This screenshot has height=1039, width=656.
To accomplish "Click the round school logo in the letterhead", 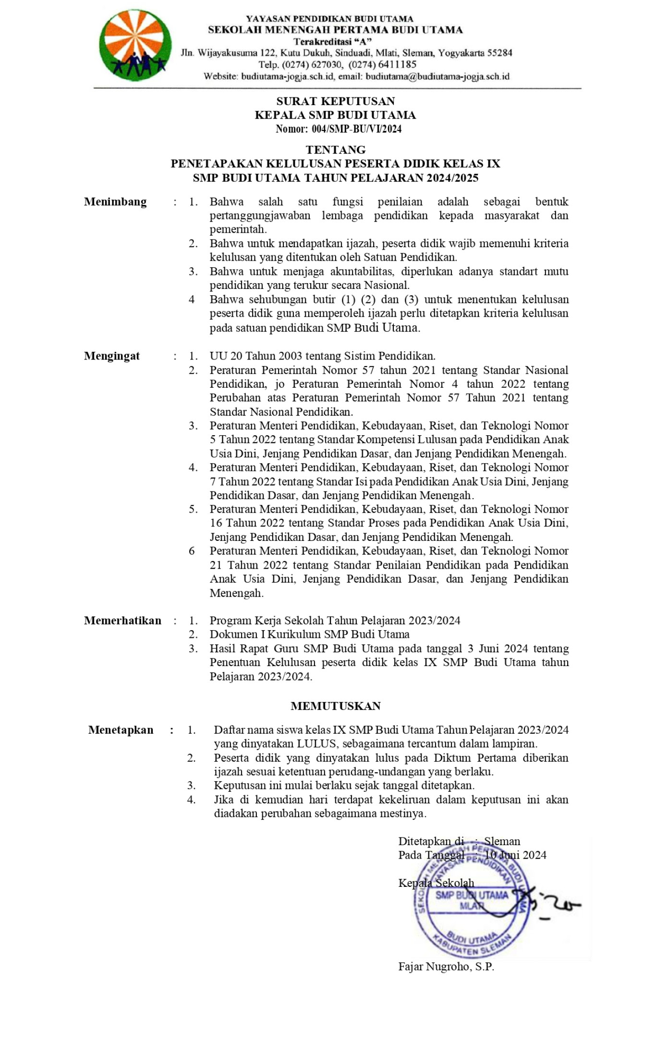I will pos(135,46).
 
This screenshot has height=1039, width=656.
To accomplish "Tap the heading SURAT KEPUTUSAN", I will pos(335,101).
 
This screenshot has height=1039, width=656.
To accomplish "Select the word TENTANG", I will pos(335,150).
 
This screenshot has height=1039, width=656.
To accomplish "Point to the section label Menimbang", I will pos(115,202).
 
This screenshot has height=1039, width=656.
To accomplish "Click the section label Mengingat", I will pos(111,356).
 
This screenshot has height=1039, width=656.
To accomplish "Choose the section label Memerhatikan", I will pos(122,621).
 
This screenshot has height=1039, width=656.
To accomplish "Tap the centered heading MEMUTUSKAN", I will pos(335,706).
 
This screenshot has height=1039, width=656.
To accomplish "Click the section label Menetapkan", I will pos(121,730).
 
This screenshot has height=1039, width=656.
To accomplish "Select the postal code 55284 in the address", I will pos(499,53).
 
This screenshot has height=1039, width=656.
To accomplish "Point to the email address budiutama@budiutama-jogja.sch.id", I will pos(437,76).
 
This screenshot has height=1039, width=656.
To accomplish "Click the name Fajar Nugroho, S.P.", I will pos(446,967).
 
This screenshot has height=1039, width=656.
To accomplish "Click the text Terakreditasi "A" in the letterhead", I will pos(332,42).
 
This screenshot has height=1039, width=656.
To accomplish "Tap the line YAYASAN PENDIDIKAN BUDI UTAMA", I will pos(329,19).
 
